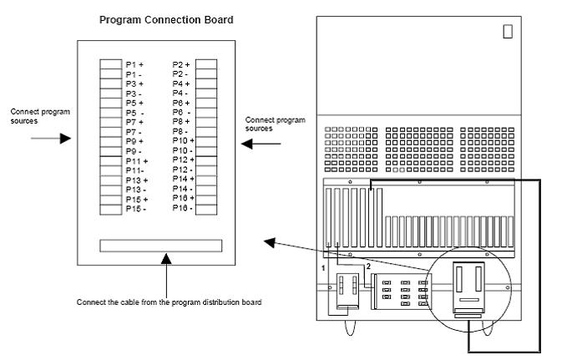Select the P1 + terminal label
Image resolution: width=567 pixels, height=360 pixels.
[x=134, y=64]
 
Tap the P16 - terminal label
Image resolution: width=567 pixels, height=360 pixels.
[x=182, y=207]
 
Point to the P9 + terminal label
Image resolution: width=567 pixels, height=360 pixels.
[x=134, y=141]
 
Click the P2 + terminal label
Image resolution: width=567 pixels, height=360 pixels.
[x=181, y=64]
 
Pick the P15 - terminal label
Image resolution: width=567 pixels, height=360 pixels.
[x=134, y=208]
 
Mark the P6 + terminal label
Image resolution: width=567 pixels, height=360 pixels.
[x=182, y=103]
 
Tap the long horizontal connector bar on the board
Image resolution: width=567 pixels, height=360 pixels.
[x=161, y=246]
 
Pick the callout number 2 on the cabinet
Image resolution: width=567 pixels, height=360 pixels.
[x=365, y=265]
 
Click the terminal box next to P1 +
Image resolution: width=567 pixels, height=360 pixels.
[x=110, y=64]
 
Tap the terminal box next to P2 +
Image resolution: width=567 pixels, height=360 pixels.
[x=206, y=64]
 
